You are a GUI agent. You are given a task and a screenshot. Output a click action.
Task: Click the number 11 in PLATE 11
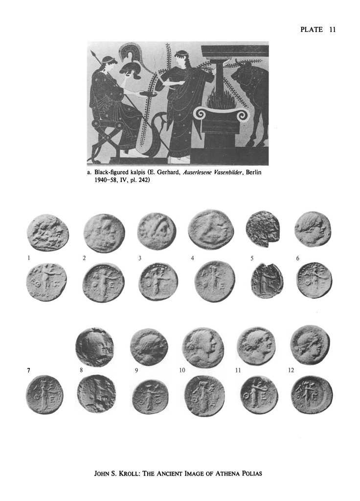[332, 30]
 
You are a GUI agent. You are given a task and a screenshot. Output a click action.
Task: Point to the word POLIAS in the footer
[250, 473]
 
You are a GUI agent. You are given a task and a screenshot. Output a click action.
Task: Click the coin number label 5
[252, 258]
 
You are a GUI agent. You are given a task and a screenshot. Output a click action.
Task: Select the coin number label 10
[182, 370]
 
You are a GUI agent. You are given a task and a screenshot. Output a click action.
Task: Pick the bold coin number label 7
[29, 370]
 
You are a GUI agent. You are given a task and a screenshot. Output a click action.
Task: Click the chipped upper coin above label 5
[263, 229]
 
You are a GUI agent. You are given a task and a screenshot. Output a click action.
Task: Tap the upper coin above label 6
[313, 228]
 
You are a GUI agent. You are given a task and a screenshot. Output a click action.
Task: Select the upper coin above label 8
[94, 346]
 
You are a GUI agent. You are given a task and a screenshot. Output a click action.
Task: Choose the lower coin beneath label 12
[312, 395]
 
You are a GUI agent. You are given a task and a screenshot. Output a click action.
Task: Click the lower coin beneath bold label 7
[45, 394]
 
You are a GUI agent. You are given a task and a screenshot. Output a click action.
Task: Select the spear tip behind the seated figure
[93, 54]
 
